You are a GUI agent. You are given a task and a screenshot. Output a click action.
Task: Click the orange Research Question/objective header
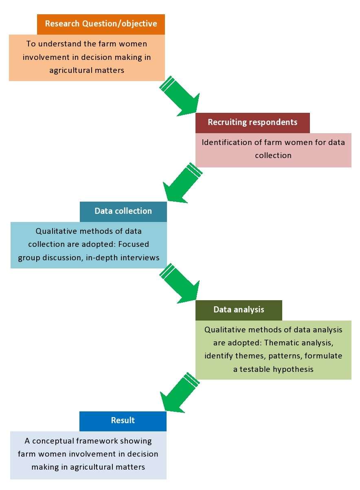pos(101,24)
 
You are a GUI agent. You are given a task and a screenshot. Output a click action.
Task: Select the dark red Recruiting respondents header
pos(252,123)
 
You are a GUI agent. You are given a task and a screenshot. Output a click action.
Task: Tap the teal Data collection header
pos(123,211)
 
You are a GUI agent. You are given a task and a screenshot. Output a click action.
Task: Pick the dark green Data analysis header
pos(239,310)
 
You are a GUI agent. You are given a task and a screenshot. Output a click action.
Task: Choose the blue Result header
pos(123,421)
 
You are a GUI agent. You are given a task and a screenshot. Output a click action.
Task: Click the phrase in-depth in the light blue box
pos(104,258)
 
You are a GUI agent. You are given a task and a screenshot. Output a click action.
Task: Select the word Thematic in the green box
pos(285,343)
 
